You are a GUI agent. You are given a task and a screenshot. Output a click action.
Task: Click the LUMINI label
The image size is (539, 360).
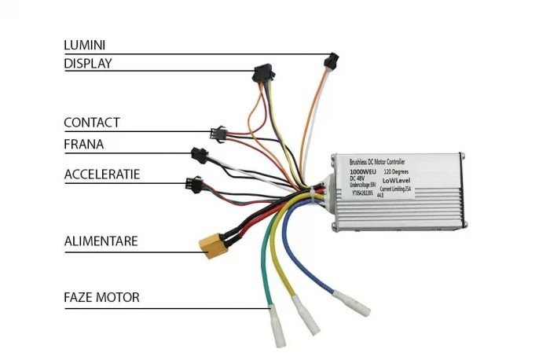click(84, 46)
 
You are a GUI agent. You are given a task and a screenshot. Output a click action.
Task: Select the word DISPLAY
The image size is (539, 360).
click(87, 64)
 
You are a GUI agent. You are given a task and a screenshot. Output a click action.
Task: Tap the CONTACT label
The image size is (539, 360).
click(92, 123)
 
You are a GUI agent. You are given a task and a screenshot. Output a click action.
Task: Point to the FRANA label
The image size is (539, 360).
click(83, 145)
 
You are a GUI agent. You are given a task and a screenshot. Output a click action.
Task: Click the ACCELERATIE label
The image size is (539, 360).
click(102, 174)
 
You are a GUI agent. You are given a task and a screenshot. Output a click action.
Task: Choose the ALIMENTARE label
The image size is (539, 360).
click(101, 241)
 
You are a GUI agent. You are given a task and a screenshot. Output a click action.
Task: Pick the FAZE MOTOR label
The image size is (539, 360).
click(101, 297)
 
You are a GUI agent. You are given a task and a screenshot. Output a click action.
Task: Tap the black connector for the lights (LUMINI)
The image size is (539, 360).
click(331, 61)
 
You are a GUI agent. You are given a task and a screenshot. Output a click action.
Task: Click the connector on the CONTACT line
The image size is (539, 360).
click(217, 134)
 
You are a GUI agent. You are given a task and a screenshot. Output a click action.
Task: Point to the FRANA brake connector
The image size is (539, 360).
click(198, 155)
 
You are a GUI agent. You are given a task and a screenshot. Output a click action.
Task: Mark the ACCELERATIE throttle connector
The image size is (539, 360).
click(192, 186)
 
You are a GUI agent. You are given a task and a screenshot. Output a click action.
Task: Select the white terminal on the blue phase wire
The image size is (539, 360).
click(351, 303)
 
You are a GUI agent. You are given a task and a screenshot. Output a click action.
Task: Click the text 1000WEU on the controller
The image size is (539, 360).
click(365, 171)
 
